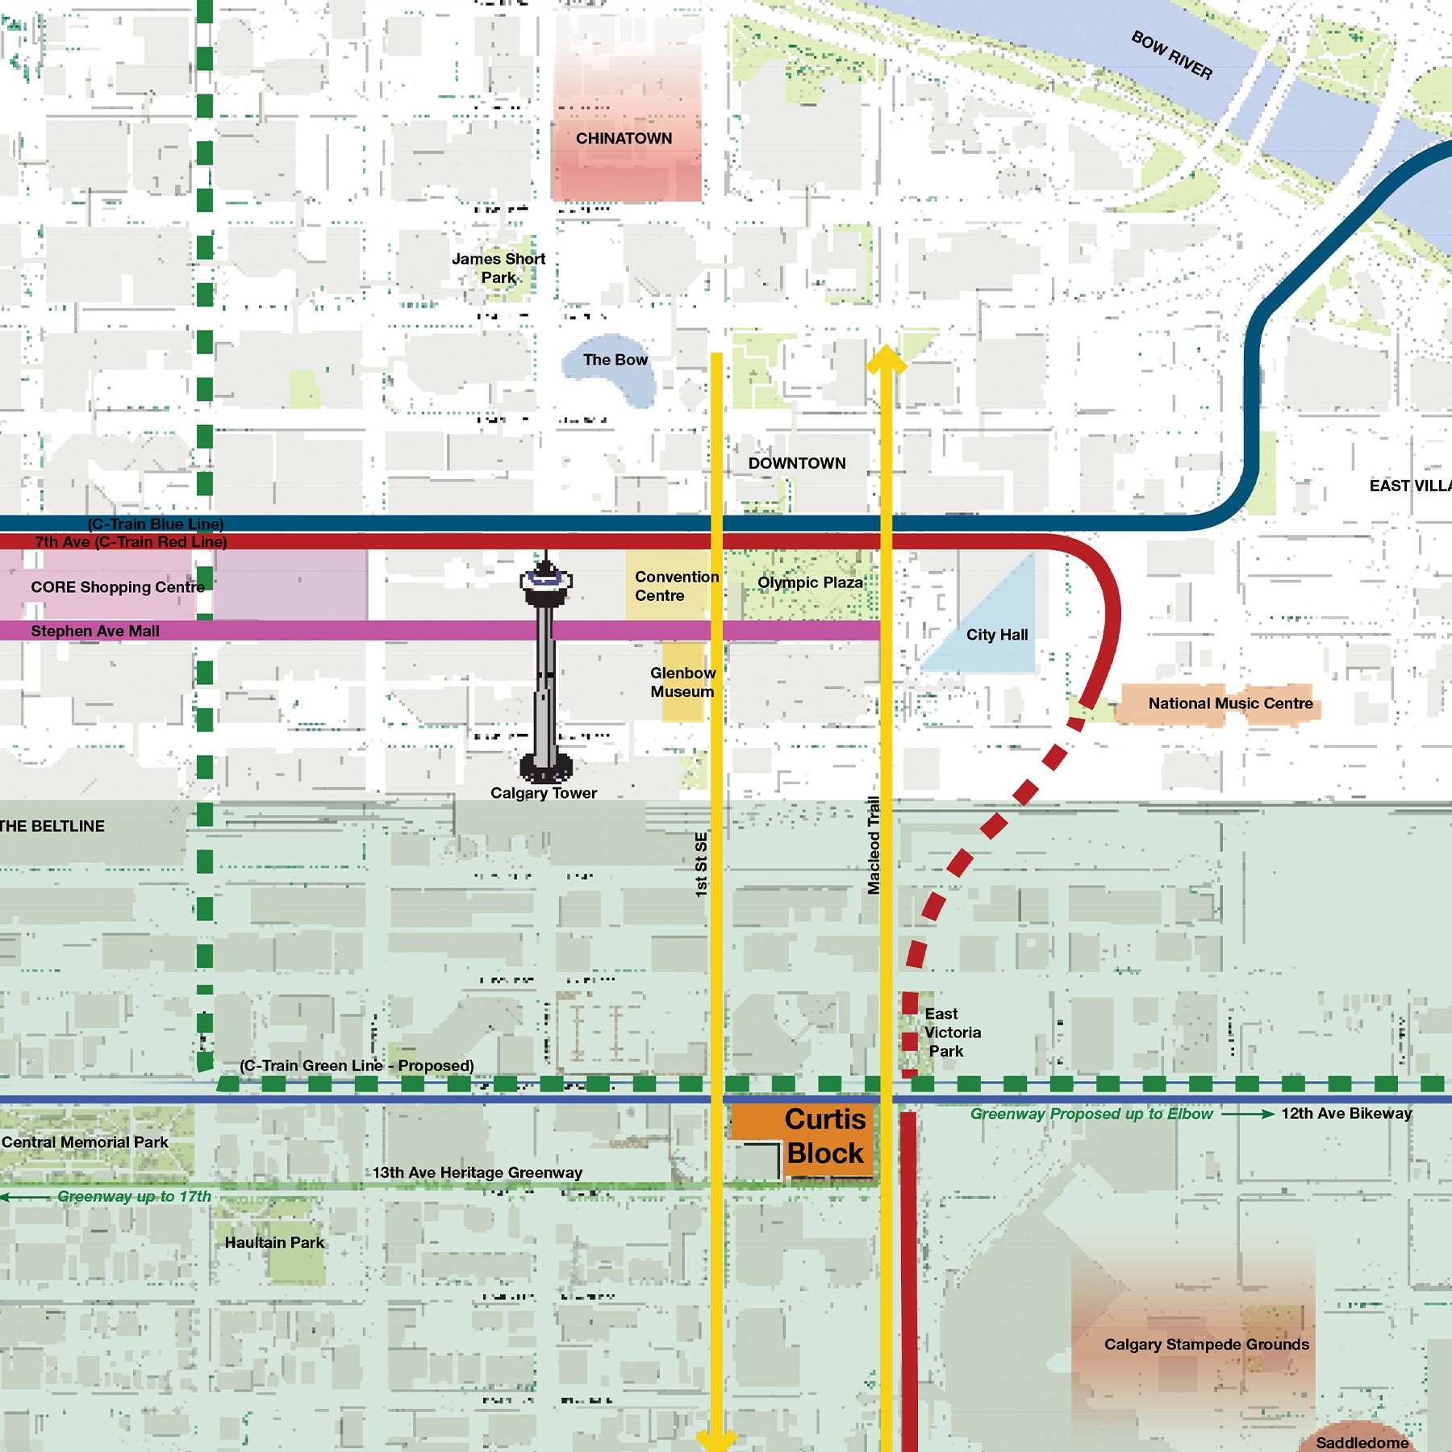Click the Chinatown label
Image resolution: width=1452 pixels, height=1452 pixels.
click(x=624, y=139)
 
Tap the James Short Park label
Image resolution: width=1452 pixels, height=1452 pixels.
click(x=499, y=268)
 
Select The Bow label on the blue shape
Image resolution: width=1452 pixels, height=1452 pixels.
click(x=615, y=360)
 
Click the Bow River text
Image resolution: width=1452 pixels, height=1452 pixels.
click(x=1171, y=55)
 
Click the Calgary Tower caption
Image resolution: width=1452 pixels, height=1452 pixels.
click(x=544, y=793)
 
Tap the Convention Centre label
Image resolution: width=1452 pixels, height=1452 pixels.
click(x=675, y=586)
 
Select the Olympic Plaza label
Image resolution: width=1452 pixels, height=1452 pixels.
click(x=810, y=582)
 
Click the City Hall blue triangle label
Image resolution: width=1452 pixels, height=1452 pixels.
click(x=997, y=635)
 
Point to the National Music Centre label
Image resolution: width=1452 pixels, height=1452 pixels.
click(x=1230, y=703)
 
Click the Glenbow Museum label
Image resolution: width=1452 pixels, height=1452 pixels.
click(x=682, y=682)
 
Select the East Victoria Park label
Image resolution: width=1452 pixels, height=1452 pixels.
click(x=952, y=1033)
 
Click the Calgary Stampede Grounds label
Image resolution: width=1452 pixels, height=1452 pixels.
click(x=1206, y=1345)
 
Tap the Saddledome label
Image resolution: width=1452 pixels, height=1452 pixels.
click(x=1362, y=1442)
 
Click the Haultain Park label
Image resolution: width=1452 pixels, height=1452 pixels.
click(x=274, y=1242)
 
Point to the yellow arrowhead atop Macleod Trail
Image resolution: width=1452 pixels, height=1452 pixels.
click(x=886, y=358)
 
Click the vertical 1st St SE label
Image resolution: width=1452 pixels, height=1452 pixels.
click(x=701, y=865)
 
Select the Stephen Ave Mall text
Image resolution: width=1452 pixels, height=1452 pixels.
click(x=95, y=631)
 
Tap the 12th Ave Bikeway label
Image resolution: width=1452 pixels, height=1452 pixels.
click(x=1346, y=1113)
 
